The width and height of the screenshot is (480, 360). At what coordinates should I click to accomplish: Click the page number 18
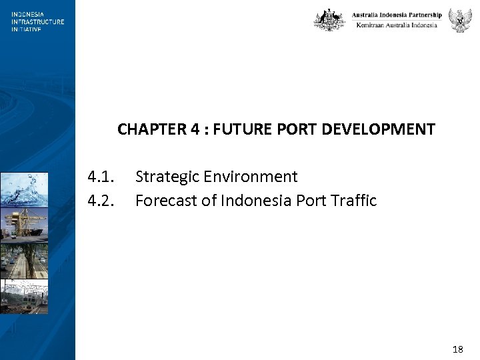(457, 349)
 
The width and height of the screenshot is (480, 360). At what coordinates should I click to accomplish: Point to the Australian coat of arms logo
(329, 20)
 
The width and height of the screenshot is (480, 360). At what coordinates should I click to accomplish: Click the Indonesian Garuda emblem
(460, 20)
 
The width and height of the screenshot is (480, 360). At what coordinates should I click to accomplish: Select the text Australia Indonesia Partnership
(397, 15)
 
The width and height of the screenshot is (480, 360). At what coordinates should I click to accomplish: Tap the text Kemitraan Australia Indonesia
(397, 25)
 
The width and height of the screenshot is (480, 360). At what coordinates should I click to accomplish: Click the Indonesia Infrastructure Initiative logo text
(37, 21)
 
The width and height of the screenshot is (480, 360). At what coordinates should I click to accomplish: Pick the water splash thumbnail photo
(24, 189)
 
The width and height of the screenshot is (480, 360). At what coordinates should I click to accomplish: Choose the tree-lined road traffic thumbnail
(24, 261)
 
